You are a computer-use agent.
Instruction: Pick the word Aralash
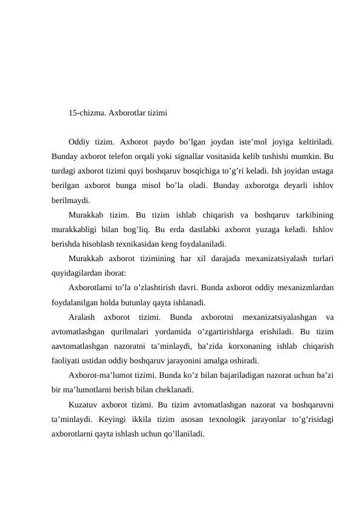click(x=83, y=317)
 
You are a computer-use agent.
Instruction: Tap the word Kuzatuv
click(x=83, y=404)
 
